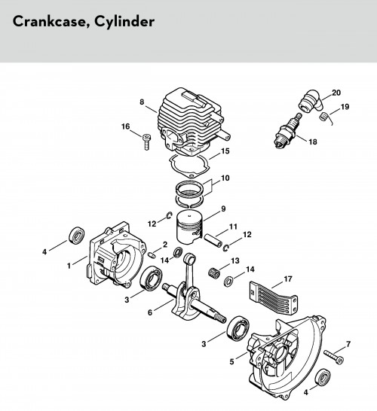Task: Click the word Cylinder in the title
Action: click(124, 22)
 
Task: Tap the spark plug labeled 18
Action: click(288, 130)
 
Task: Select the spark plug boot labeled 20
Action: click(312, 101)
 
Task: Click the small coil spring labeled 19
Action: click(324, 117)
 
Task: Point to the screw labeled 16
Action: click(146, 142)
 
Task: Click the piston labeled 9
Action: click(189, 227)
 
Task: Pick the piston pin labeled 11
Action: click(213, 241)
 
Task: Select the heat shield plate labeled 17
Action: click(273, 297)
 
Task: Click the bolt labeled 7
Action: click(334, 357)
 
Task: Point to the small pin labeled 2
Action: click(152, 254)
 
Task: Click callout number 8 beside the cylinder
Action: click(142, 102)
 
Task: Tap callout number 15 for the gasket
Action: click(225, 151)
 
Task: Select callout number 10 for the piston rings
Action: click(225, 178)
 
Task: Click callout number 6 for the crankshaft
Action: click(149, 312)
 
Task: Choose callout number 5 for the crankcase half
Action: click(231, 362)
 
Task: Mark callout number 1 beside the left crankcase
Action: click(69, 266)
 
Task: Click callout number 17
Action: click(288, 279)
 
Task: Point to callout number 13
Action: click(235, 260)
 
